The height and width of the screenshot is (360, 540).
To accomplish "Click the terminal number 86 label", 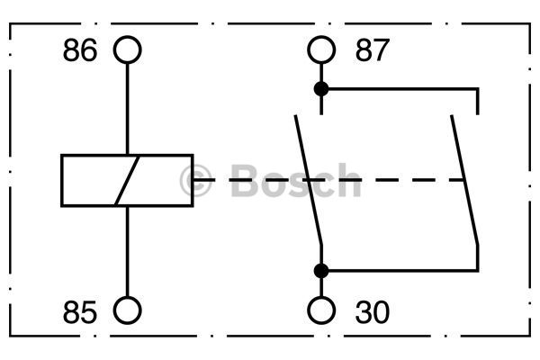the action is tap(80, 50).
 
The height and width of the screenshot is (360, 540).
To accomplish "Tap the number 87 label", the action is tap(373, 50).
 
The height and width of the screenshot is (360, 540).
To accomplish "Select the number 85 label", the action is tap(80, 312).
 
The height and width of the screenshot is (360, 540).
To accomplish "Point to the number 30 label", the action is tap(373, 312).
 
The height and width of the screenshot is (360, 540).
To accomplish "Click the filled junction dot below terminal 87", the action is tap(321, 89).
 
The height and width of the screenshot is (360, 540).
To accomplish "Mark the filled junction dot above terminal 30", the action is tap(321, 271).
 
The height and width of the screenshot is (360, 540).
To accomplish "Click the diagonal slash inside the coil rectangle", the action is tap(127, 181).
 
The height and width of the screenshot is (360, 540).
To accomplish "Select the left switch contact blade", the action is tap(308, 180).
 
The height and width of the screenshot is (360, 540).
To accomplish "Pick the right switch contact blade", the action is tap(464, 180).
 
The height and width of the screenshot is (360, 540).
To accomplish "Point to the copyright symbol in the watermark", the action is tap(195, 181).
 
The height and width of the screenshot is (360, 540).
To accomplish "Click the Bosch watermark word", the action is tap(295, 180).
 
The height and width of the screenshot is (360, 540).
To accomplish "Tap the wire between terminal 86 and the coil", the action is tap(128, 109).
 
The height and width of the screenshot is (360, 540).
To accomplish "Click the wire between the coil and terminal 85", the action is tap(128, 251).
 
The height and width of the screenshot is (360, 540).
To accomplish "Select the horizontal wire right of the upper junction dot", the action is tap(403, 89).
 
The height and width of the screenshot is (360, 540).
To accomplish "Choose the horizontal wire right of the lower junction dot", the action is tap(403, 271).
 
